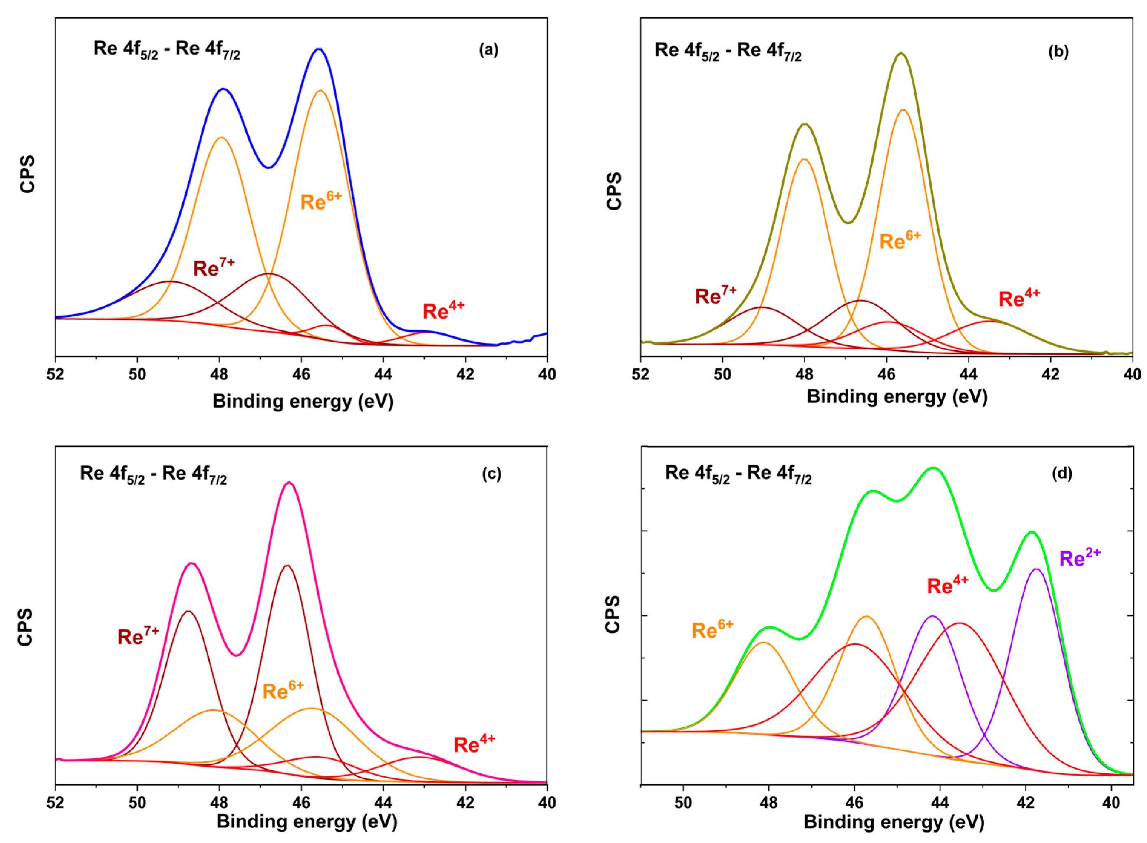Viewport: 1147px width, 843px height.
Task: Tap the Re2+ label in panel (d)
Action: (1080, 558)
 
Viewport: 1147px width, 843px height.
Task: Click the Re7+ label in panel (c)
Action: (138, 636)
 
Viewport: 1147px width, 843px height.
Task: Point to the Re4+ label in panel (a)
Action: (444, 310)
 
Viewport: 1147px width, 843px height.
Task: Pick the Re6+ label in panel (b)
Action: (900, 240)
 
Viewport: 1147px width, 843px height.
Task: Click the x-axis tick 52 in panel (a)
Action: (56, 374)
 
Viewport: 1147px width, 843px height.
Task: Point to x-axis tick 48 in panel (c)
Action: (220, 803)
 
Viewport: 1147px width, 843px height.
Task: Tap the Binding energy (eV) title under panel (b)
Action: (897, 396)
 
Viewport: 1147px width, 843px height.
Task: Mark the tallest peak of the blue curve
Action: (319, 49)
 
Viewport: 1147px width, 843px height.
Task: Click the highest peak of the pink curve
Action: (289, 482)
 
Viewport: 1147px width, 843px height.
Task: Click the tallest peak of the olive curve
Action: (901, 53)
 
